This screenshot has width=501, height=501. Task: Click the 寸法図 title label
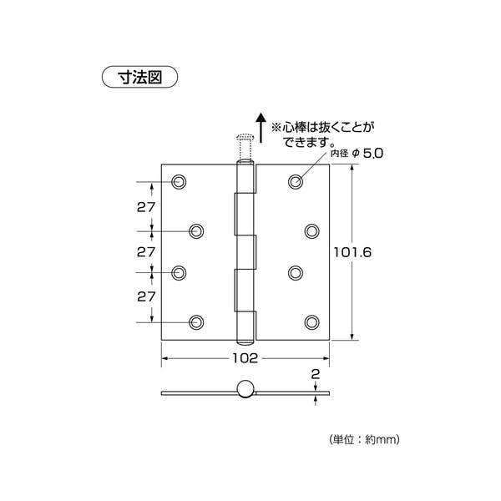pos(139,77)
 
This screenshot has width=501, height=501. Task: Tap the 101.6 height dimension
pos(352,252)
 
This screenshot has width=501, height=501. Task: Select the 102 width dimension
pos(245,358)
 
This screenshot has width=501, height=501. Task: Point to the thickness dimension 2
pos(316,374)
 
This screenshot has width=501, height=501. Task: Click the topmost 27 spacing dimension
pos(146,207)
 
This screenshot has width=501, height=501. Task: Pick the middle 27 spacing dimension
pos(146,252)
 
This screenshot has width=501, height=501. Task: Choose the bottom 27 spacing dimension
pos(146,296)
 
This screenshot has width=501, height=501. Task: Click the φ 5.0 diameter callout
pos(367,154)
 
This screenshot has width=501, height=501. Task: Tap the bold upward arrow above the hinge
pos(261,128)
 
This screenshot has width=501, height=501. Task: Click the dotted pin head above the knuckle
pos(245,138)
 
